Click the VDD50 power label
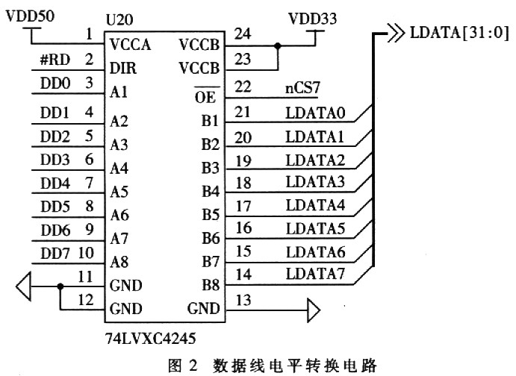coord(31,16)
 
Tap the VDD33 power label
coord(312,19)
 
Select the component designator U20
coord(119,20)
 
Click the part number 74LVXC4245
coord(150,338)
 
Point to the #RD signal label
coord(55,60)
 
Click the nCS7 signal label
coord(302,88)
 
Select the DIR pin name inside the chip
coord(123,68)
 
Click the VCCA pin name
coord(131,45)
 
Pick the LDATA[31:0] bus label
coord(459,33)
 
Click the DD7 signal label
coord(55,254)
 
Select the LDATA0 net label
coord(315,113)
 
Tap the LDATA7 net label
coord(315,274)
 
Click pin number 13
coord(243,300)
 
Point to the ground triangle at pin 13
coord(314,310)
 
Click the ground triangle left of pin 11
coord(24,286)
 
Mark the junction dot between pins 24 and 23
coord(278,46)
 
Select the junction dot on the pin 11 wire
coord(60,286)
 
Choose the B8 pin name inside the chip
coord(211,285)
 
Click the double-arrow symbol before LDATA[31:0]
coord(395,33)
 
